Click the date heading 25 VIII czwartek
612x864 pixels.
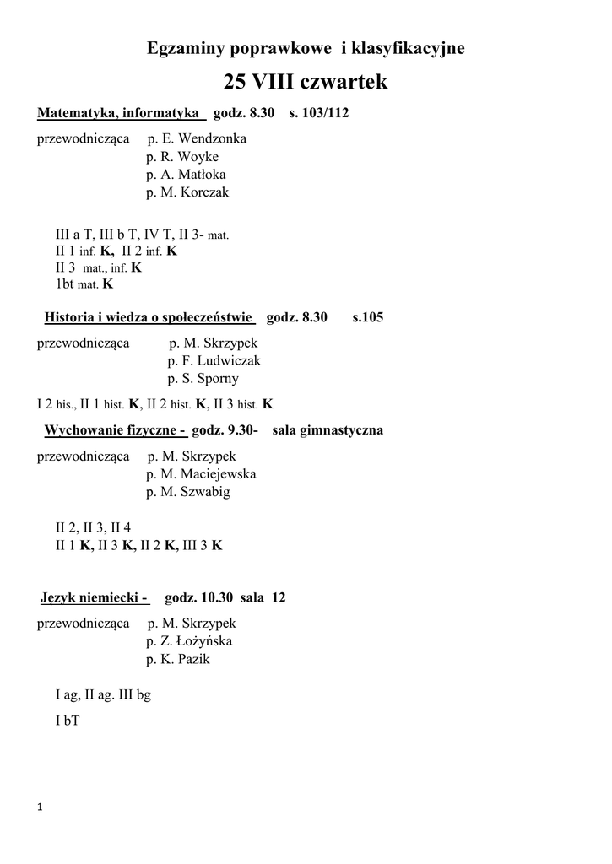click(x=306, y=82)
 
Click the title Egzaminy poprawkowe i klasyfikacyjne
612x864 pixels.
click(x=306, y=49)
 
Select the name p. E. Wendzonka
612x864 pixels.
click(x=197, y=139)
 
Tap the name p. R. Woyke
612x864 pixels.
click(x=182, y=157)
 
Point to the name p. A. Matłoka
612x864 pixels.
click(x=186, y=175)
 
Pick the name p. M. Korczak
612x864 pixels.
click(x=187, y=192)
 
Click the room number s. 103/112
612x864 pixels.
click(x=319, y=113)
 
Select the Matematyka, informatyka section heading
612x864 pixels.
click(x=119, y=113)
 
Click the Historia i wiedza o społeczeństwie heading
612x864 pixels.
click(x=149, y=317)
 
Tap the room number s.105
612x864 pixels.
click(x=368, y=317)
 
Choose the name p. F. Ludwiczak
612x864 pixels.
click(x=214, y=361)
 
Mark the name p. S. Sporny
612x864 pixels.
click(x=203, y=379)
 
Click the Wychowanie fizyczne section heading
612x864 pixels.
click(x=116, y=430)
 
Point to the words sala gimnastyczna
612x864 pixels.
click(x=328, y=430)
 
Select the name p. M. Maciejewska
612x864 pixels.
click(x=201, y=474)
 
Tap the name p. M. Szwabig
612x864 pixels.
click(x=187, y=492)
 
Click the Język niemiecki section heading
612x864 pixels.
click(x=95, y=598)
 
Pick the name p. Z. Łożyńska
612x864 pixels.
click(x=189, y=641)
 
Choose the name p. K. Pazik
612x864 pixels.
click(x=177, y=659)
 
